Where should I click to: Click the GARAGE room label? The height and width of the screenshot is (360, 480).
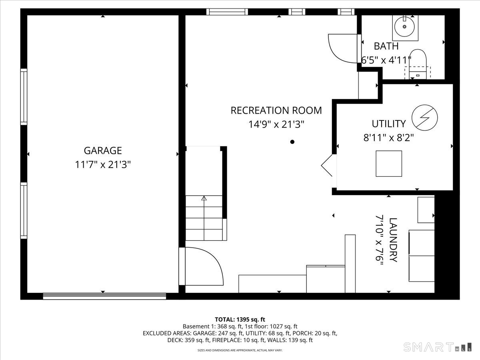click(102, 151)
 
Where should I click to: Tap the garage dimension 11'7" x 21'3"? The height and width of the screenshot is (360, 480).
click(103, 164)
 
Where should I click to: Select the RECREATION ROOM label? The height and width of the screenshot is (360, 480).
click(276, 110)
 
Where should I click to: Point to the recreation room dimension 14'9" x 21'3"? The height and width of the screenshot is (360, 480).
click(276, 124)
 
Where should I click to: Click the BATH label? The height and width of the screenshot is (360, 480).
click(386, 46)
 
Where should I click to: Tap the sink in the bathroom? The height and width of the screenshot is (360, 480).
click(405, 27)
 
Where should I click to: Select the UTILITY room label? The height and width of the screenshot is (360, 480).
click(388, 124)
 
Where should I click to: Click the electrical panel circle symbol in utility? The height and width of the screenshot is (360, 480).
click(424, 117)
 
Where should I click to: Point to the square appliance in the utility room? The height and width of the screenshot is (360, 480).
click(388, 164)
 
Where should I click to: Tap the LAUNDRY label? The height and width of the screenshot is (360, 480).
click(393, 240)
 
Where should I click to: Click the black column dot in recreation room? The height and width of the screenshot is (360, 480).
click(292, 142)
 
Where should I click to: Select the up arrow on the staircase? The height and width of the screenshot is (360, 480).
click(204, 198)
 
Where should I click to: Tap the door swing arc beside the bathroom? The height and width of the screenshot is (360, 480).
click(342, 48)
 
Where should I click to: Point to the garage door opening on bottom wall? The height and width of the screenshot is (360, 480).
click(104, 296)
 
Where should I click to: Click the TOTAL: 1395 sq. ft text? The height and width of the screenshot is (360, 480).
click(240, 319)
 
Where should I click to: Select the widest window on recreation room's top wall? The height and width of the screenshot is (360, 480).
click(227, 12)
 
